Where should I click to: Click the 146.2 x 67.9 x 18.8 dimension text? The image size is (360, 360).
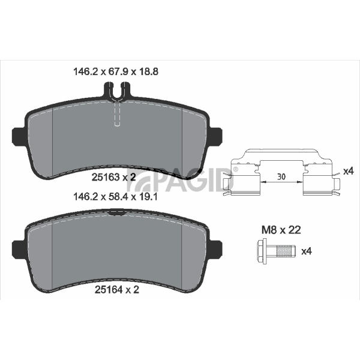(x=116, y=71)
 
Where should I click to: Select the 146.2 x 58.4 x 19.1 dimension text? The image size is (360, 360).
(x=115, y=197)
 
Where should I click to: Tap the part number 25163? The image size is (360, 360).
(x=106, y=177)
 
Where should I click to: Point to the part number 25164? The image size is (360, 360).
(x=109, y=290)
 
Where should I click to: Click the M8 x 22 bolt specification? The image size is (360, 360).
(x=281, y=230)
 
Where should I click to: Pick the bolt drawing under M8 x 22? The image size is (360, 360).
(x=276, y=251)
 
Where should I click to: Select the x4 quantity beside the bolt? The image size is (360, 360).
(x=307, y=251)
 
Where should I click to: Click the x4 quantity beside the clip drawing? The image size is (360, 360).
(x=349, y=171)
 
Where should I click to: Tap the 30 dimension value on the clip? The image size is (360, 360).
(x=281, y=176)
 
